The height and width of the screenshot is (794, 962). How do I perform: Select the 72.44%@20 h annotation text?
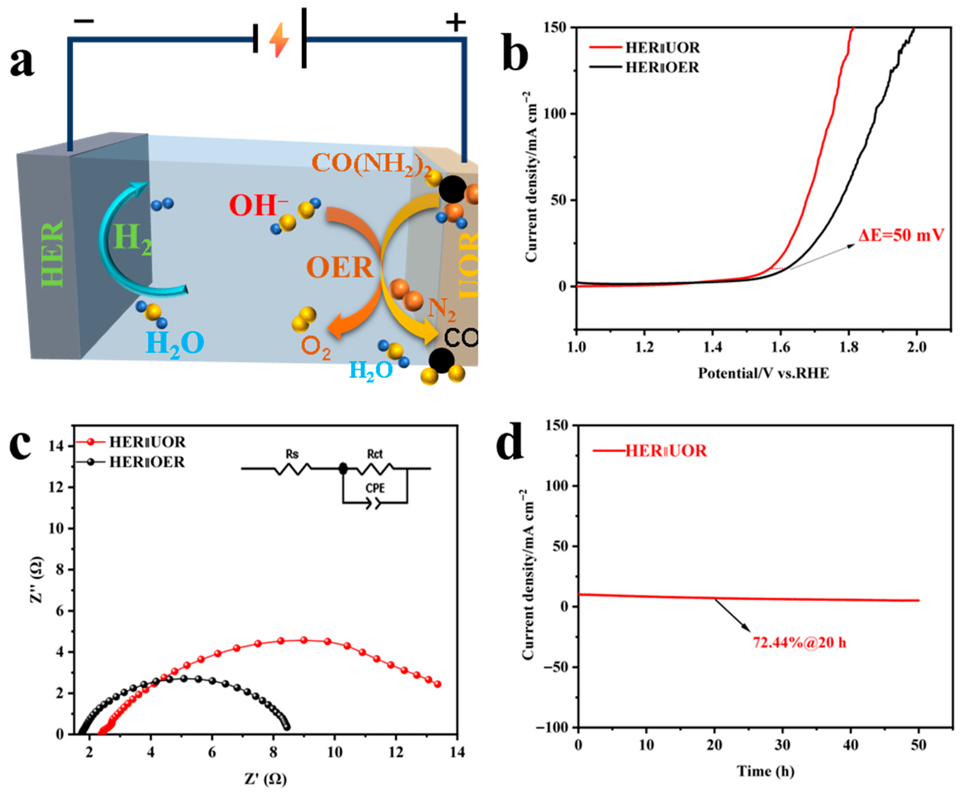[x=799, y=643]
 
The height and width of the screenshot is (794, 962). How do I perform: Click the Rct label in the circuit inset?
[x=375, y=454]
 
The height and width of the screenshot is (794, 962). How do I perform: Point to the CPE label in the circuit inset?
[x=375, y=488]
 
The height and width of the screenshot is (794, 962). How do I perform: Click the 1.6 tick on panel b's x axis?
[x=780, y=348]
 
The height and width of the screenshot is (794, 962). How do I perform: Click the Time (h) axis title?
[x=765, y=772]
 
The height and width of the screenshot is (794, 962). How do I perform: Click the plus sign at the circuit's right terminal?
[x=456, y=22]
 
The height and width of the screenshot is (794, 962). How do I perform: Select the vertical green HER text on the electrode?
[x=53, y=254]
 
